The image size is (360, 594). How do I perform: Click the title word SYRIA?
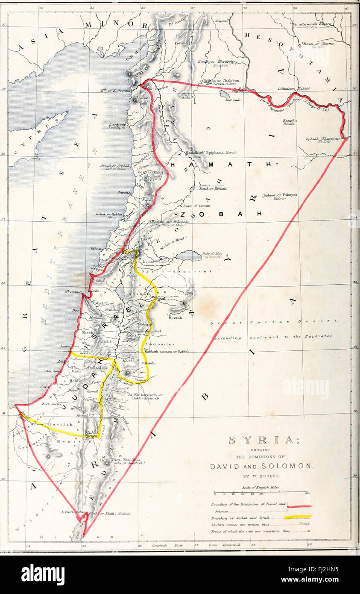[261, 440]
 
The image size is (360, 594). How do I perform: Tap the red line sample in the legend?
[299, 506]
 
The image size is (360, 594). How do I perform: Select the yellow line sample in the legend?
[299, 516]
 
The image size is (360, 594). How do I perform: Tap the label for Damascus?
[151, 260]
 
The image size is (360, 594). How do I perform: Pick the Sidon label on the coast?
[95, 248]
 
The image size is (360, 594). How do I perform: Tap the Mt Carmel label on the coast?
[73, 292]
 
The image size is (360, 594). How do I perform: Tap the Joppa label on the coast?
[65, 347]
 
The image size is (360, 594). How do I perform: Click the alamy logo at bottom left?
[43, 574]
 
